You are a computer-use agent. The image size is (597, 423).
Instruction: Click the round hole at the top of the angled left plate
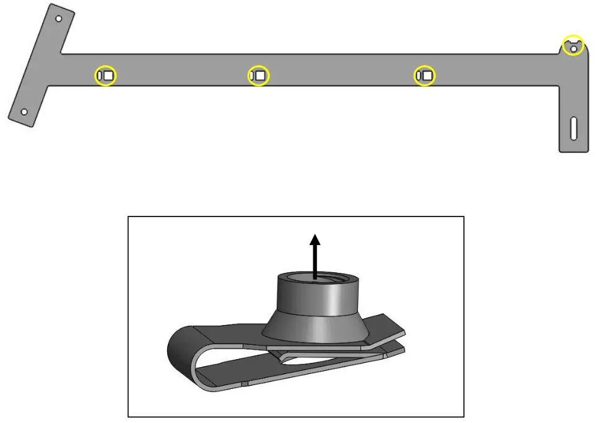tap(59, 19)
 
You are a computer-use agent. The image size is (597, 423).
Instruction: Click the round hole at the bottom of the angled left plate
tap(24, 112)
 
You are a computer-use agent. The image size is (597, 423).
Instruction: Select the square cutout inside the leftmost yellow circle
tap(108, 76)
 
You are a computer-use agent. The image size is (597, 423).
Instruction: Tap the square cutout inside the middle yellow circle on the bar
tap(261, 76)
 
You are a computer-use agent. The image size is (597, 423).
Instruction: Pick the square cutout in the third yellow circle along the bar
tap(427, 76)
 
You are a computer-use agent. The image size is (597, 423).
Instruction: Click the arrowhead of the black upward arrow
tap(315, 239)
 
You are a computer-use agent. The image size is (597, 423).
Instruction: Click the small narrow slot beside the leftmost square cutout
tap(100, 76)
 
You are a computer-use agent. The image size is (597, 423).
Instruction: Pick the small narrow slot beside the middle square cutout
tap(251, 76)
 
